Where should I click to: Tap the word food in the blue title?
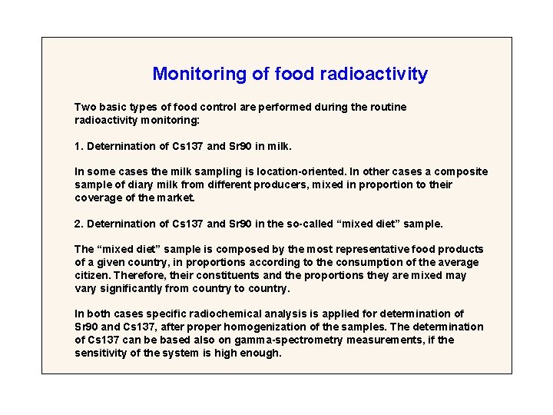tap(293, 75)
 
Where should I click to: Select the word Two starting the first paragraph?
tap(84, 107)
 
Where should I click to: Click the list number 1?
tap(78, 145)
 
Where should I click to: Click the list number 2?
tap(78, 224)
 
